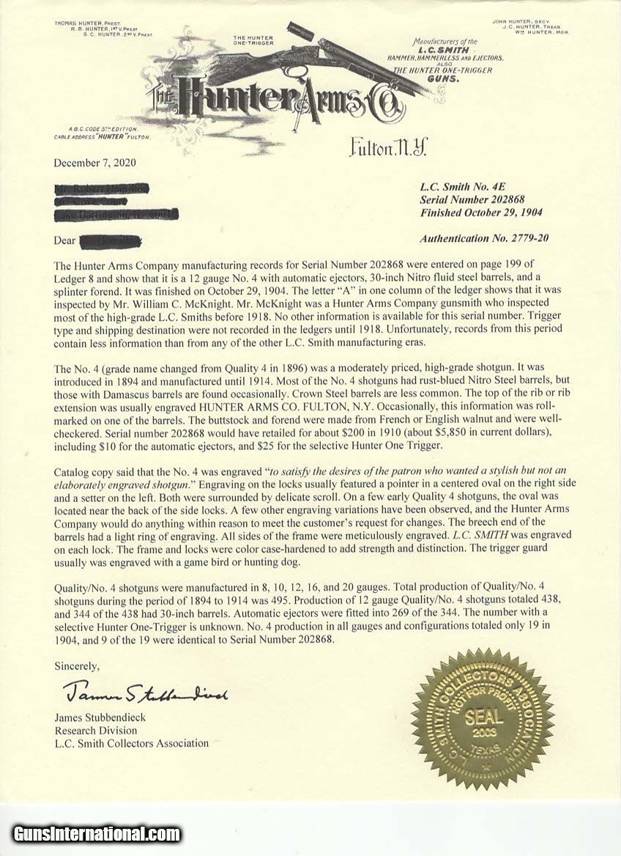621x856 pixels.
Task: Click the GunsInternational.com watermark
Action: coord(96,833)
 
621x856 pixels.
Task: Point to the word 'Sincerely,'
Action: coord(77,665)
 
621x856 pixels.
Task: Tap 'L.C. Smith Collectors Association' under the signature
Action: coord(131,742)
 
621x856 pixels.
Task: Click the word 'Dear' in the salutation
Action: coord(65,240)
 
